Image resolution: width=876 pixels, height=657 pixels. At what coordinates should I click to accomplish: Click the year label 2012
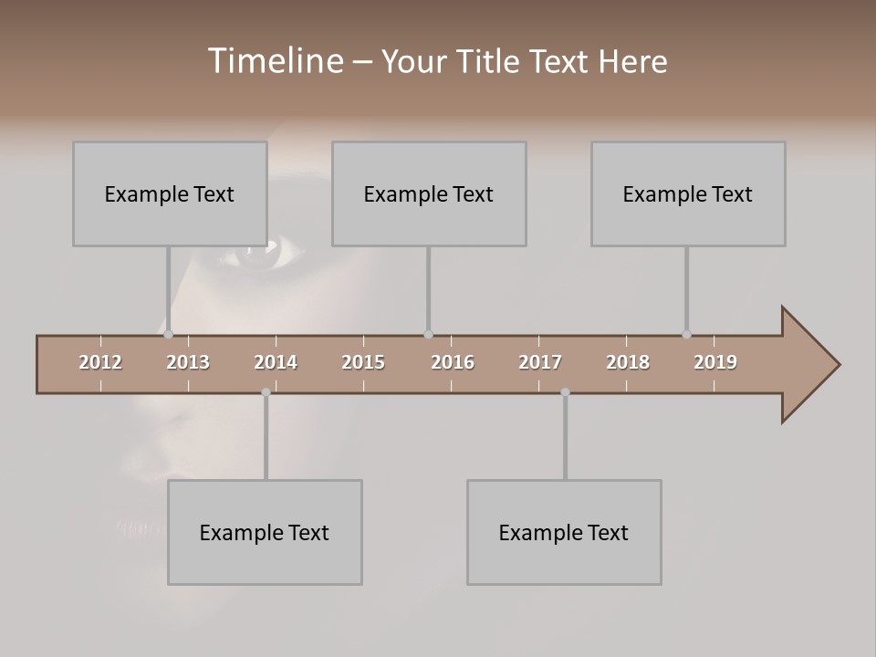tap(100, 362)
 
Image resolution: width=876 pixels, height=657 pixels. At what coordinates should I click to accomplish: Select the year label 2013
tap(188, 362)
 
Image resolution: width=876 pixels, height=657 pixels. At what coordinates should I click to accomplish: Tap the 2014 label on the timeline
tap(276, 362)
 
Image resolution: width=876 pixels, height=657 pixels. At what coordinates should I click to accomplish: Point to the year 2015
tap(363, 362)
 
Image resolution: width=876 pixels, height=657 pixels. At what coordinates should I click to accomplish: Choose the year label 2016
tap(453, 362)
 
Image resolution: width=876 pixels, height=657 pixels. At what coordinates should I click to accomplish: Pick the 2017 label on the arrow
tap(540, 362)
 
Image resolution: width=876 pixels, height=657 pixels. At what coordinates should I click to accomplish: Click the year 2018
tap(628, 362)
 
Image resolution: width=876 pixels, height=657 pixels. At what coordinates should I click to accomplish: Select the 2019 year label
tap(715, 362)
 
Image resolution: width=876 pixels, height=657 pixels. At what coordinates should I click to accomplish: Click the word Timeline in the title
tap(275, 61)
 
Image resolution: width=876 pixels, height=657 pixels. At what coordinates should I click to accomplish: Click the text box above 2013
tap(170, 193)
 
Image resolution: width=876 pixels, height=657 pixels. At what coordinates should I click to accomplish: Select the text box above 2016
tap(429, 193)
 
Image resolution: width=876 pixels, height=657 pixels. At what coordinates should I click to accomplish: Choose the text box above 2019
tap(688, 193)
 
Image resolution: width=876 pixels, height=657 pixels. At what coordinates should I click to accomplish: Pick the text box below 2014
tap(265, 532)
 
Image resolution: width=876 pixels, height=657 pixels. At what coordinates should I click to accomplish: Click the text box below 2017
tap(564, 532)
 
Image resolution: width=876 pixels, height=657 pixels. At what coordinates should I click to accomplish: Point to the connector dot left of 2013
tap(168, 334)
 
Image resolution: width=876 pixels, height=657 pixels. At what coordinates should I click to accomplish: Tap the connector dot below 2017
tap(565, 392)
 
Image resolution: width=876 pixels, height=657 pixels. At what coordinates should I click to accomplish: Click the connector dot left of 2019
tap(686, 334)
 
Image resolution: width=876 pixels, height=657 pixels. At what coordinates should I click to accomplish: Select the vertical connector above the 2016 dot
tap(428, 287)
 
